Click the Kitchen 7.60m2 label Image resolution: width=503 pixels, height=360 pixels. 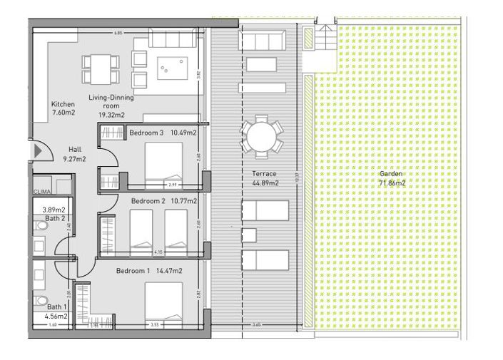pos(63,108)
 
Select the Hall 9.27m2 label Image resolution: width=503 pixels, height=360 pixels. pos(75,154)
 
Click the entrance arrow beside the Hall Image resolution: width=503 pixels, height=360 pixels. pos(38,151)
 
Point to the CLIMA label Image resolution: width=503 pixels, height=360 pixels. pos(41,191)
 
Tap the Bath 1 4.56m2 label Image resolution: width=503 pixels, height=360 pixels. pos(53,312)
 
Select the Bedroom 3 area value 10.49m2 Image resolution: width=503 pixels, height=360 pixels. pos(183,133)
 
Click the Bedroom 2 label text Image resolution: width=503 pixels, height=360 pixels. pos(148,202)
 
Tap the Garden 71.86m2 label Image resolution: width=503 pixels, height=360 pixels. pos(392,178)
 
